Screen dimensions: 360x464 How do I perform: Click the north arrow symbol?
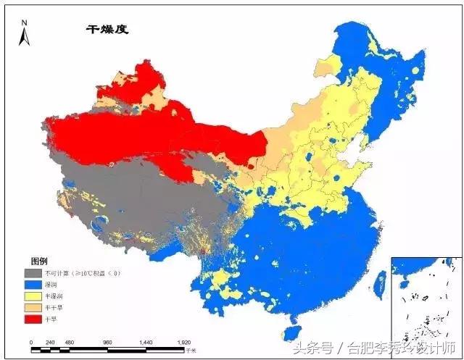point(24,33)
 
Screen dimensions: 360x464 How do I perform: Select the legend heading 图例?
point(39,261)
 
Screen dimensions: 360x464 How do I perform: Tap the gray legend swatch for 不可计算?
point(32,273)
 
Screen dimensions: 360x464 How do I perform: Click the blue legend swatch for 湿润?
point(32,285)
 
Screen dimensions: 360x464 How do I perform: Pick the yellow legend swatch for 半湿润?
point(32,296)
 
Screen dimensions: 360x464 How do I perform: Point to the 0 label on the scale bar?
point(31,341)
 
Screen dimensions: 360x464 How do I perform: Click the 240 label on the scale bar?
point(50,341)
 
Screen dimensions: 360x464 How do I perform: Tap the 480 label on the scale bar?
point(70,341)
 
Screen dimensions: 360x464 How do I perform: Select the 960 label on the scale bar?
point(108,341)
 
